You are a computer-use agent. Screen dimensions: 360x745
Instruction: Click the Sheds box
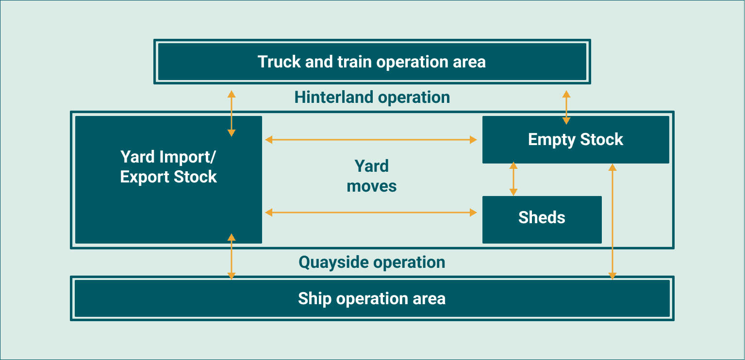tap(542, 219)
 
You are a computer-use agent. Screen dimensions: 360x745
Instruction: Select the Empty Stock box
tap(576, 140)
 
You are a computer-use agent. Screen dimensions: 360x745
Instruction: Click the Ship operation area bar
tap(372, 298)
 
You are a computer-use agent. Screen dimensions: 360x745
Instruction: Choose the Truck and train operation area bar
tap(372, 62)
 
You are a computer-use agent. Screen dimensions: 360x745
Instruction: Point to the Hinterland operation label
tap(372, 97)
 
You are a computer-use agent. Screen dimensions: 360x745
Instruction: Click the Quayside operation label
tap(372, 262)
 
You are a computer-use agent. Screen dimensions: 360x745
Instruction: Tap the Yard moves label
tap(372, 176)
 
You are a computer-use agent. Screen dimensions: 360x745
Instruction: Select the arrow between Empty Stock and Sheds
tap(513, 179)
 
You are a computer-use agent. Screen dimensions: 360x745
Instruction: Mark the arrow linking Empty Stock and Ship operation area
tap(613, 222)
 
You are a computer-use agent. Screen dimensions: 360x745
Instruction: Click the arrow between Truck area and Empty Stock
tap(566, 107)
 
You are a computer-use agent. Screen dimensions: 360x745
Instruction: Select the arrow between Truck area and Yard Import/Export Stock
tap(232, 113)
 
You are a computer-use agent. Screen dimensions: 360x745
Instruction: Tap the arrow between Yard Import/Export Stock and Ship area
tap(232, 256)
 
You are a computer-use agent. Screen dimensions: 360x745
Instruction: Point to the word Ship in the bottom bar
tap(314, 298)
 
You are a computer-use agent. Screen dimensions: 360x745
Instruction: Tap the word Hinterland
tap(334, 97)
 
